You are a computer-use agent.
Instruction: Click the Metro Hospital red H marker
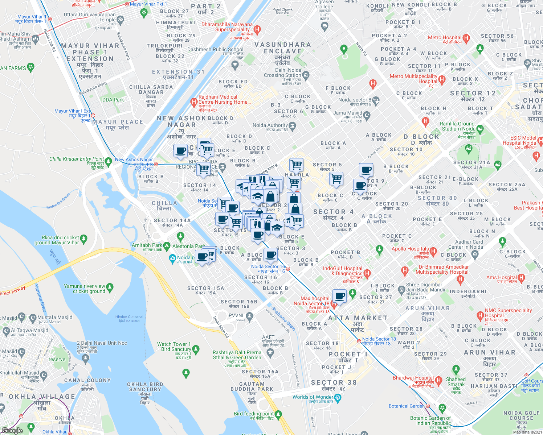[466, 38]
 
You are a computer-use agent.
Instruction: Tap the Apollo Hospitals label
[410, 249]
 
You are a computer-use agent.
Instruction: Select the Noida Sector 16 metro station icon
[288, 269]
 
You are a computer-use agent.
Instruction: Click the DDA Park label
[113, 100]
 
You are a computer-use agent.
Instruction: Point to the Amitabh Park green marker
[167, 246]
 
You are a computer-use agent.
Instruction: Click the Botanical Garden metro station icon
[428, 406]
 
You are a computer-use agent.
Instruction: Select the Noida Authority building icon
[293, 126]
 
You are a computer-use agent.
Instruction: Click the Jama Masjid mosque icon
[367, 116]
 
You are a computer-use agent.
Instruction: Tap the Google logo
[12, 431]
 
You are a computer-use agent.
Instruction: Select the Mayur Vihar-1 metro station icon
[50, 19]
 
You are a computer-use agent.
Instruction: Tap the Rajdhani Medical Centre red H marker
[194, 102]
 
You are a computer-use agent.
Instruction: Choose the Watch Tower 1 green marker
[196, 349]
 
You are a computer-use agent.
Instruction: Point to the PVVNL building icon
[249, 316]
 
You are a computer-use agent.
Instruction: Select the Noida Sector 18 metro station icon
[359, 341]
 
